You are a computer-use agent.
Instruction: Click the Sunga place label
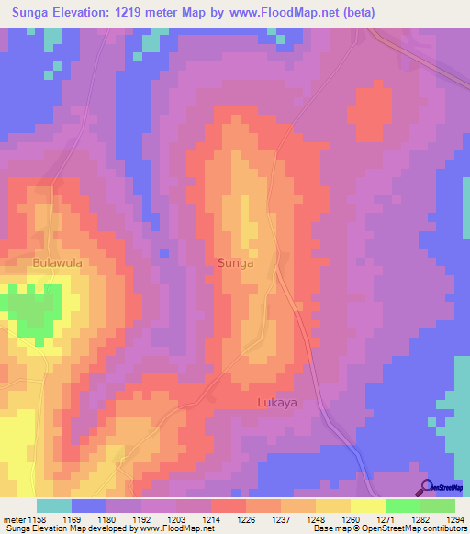click(x=235, y=262)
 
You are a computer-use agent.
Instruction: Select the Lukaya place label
click(x=276, y=403)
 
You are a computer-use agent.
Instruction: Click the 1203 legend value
click(x=178, y=519)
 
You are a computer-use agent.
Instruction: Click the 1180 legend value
click(x=108, y=519)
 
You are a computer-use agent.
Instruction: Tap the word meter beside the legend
click(x=14, y=519)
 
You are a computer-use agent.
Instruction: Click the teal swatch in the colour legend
click(x=54, y=506)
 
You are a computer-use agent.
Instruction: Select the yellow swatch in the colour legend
click(x=368, y=506)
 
